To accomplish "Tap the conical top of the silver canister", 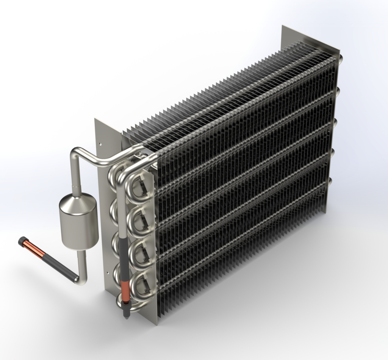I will tap(78, 200).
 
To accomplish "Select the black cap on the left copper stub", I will tap(23, 241).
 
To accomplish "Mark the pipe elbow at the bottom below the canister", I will tap(81, 280).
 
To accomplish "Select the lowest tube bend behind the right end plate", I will tap(332, 182).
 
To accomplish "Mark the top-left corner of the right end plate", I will tap(282, 26).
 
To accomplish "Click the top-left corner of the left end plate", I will tap(95, 119).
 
